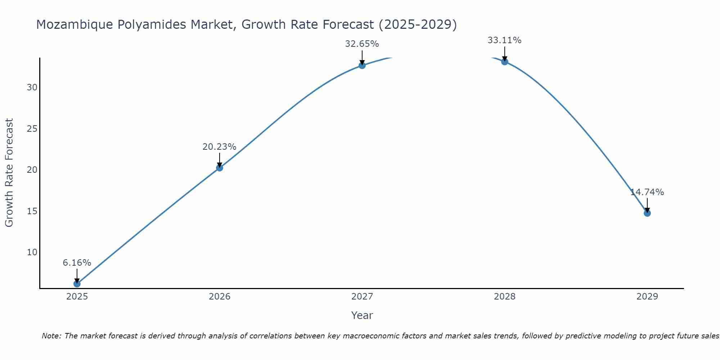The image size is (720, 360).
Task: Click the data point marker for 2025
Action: coord(77,284)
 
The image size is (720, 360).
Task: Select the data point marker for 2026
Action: coord(220,168)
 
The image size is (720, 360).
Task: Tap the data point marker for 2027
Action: coord(362,65)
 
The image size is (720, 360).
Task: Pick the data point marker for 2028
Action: coord(505,62)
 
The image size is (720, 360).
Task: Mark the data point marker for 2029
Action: coord(647,213)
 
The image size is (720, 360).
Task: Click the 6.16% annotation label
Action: coord(77,263)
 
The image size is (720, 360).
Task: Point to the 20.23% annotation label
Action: coord(219,147)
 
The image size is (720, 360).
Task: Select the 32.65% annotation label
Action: coord(362,44)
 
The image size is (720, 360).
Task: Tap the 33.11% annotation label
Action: coord(504,40)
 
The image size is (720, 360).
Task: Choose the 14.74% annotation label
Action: coord(647,192)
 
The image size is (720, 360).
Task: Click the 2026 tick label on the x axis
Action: coord(220,297)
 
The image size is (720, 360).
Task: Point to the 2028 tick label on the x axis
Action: coord(505,297)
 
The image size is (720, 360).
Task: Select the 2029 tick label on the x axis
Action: coord(647,297)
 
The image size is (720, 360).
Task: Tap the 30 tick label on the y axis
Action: coord(32,87)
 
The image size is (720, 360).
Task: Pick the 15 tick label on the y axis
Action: coord(32,211)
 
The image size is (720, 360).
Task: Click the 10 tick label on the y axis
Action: coord(32,252)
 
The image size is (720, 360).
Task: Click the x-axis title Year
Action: coord(362,315)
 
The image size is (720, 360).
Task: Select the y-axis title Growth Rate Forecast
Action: coord(9,172)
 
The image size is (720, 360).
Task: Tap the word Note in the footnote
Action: coord(51,336)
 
